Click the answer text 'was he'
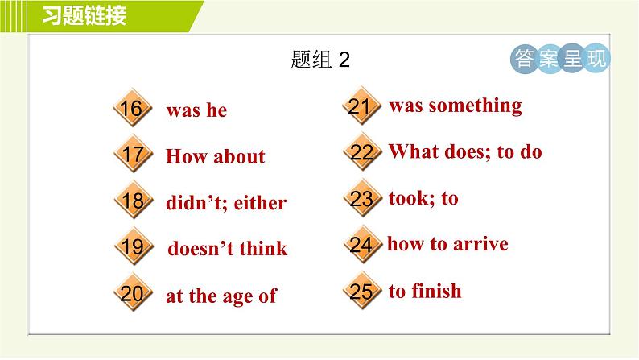coord(196,111)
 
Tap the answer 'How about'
coord(215,157)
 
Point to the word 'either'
coord(260,203)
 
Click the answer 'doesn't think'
coord(227,249)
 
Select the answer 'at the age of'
coord(221,296)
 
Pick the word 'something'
coord(475,106)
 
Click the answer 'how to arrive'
coord(447,244)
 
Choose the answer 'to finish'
coord(425,291)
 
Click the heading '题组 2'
coord(319,61)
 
